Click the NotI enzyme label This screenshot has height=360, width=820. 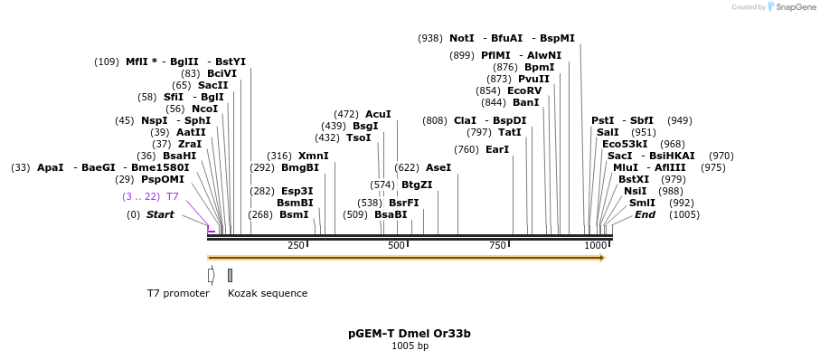click(461, 39)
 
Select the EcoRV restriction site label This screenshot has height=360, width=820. click(524, 90)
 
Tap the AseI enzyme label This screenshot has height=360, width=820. click(438, 167)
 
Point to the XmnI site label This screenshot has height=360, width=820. click(314, 156)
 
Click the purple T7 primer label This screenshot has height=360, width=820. click(172, 196)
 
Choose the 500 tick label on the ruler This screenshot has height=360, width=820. click(396, 246)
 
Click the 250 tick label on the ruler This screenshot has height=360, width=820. click(296, 246)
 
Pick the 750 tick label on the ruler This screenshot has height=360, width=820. click(497, 246)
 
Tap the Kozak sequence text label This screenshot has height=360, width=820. click(268, 293)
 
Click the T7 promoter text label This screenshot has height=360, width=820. click(178, 293)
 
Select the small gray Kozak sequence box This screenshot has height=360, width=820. click(230, 275)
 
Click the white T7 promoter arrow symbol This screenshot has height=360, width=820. click(211, 275)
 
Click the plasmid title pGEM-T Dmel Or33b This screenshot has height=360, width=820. click(410, 334)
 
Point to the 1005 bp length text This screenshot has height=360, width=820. click(410, 346)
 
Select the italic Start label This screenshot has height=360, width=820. click(160, 214)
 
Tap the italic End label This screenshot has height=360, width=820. click(645, 214)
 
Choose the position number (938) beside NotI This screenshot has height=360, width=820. click(430, 39)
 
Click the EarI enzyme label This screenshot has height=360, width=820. click(497, 149)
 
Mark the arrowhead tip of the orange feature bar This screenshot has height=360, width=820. click(604, 258)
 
